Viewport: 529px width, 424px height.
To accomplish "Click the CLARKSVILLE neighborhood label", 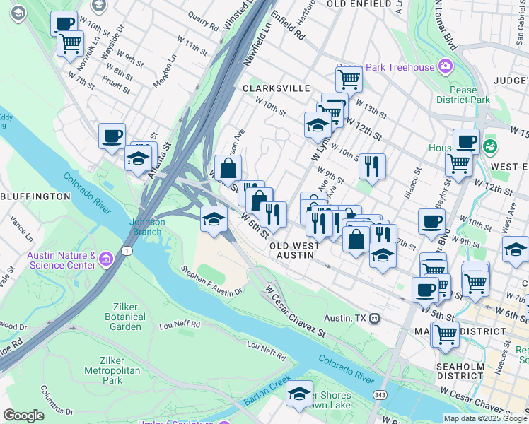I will pos(277,88).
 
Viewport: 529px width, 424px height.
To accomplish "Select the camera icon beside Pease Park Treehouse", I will pos(446,67).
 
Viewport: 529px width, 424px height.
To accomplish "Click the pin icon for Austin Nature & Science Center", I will pos(105,260).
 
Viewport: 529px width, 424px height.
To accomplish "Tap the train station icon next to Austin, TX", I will pos(376,319).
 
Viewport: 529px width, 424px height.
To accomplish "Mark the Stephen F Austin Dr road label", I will pos(211,280).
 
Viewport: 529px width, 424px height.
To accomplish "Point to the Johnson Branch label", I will pos(147,226).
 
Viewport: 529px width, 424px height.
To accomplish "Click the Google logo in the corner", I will pos(23,416).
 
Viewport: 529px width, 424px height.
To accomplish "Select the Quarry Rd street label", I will pos(203,25).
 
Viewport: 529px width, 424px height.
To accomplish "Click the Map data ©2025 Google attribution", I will pos(484,418).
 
